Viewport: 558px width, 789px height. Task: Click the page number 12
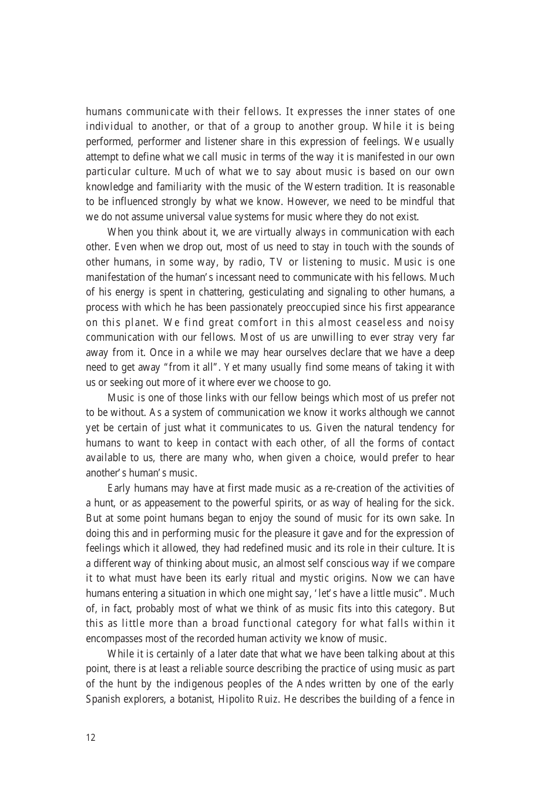point(90,738)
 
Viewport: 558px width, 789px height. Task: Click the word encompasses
point(114,639)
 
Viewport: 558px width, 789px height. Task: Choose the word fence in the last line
point(428,699)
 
